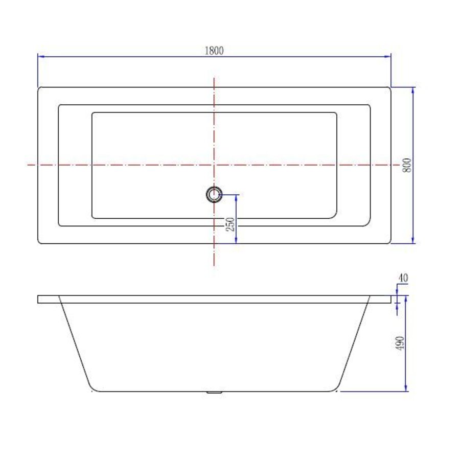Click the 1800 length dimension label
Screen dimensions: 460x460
coord(214,50)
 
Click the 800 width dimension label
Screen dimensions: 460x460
coord(407,165)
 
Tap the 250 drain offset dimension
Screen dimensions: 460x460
coord(231,224)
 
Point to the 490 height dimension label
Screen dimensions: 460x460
coord(401,343)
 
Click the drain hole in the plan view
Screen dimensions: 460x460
coord(214,194)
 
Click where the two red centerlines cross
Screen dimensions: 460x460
coord(214,165)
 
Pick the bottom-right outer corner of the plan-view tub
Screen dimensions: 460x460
coord(390,243)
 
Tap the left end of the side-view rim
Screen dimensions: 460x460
coord(38,299)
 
